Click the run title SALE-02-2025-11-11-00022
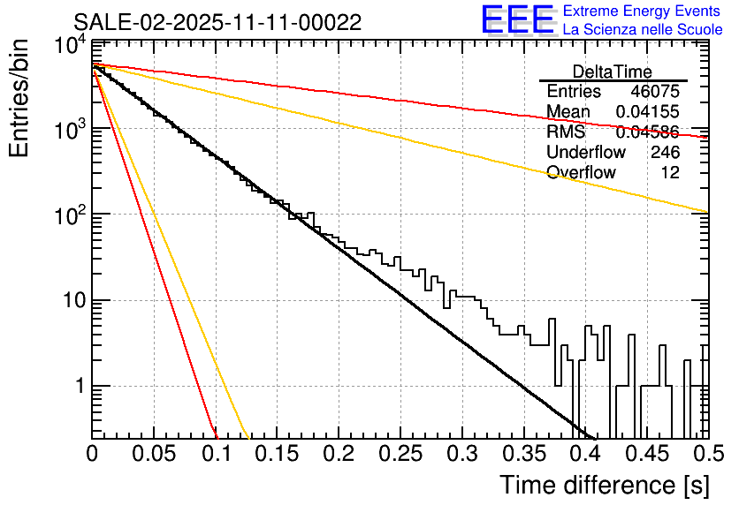[x=217, y=23]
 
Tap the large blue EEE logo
[x=517, y=21]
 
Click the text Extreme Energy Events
[x=642, y=11]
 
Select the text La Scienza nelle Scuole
[x=643, y=30]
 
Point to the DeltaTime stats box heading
[x=613, y=72]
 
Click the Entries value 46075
[x=655, y=92]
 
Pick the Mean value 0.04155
[x=647, y=112]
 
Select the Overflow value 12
[x=670, y=173]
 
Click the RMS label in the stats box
[x=566, y=132]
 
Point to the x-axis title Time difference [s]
[x=604, y=485]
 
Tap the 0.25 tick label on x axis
[x=400, y=455]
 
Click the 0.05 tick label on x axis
[x=154, y=455]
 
